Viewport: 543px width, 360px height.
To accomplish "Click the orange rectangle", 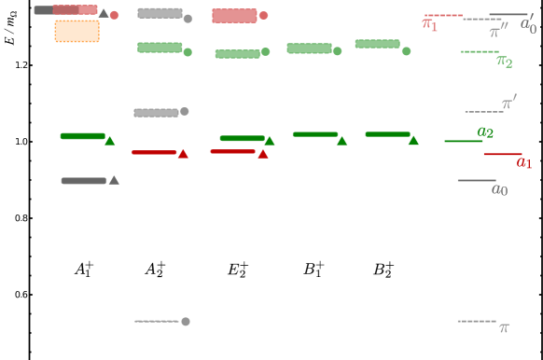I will click(x=77, y=32).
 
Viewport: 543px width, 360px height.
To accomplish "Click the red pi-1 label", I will click(x=430, y=24).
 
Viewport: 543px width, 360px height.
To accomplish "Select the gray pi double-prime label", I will click(x=499, y=30).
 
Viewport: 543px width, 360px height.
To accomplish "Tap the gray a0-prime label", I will click(x=528, y=24).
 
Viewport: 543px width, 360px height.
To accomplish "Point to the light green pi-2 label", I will click(x=504, y=62).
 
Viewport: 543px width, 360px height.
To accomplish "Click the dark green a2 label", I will click(x=485, y=132).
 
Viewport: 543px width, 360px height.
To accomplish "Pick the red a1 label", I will click(x=523, y=163).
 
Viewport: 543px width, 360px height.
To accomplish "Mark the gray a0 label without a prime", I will click(x=500, y=190).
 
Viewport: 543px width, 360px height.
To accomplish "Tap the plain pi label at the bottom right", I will click(x=504, y=328).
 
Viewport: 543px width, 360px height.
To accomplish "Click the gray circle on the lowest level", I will click(x=186, y=322).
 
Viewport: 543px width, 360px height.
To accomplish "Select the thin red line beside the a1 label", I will click(x=502, y=154).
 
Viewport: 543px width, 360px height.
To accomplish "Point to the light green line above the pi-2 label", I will click(x=479, y=51).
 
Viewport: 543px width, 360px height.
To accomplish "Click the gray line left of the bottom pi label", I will click(x=476, y=321).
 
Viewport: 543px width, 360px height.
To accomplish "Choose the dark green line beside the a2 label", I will click(x=463, y=141).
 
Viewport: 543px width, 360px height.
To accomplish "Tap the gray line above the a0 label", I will click(x=476, y=180).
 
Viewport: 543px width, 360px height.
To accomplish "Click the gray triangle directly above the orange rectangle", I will click(x=104, y=13).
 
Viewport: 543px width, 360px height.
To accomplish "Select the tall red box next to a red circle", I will click(x=234, y=16).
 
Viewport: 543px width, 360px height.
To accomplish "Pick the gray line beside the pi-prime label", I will click(x=483, y=112).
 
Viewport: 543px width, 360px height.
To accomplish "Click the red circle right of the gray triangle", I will click(x=115, y=15).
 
